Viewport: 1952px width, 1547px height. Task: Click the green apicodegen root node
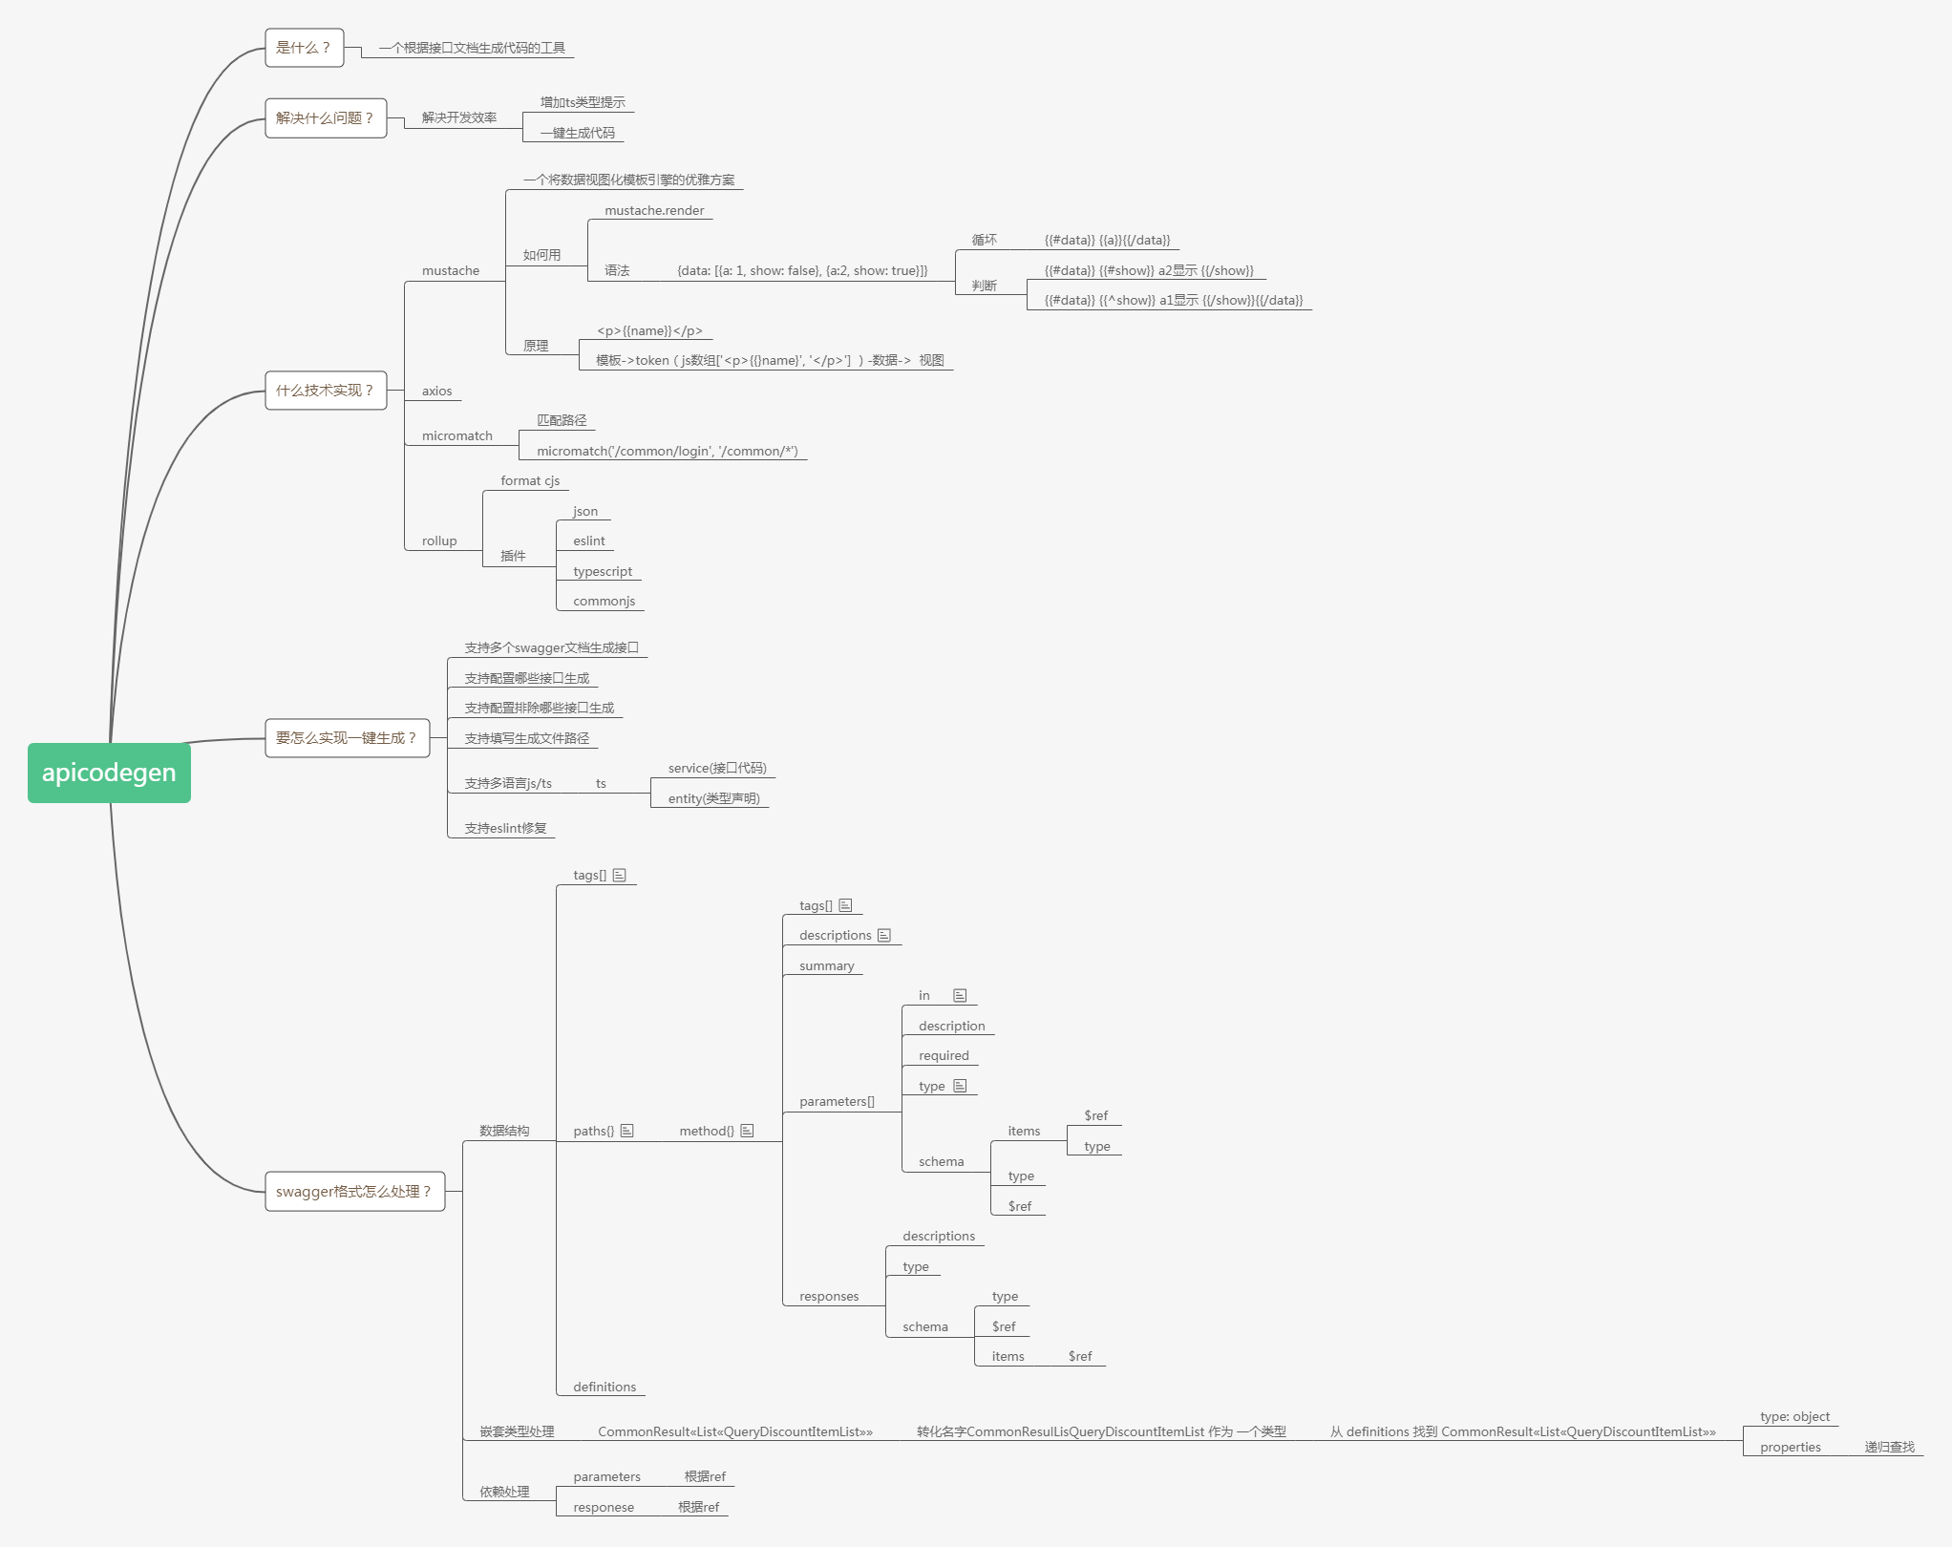(x=109, y=773)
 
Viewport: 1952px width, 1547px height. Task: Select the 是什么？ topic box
(x=304, y=48)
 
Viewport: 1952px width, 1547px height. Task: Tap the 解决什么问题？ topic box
(x=325, y=118)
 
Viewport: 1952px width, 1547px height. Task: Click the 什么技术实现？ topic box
(x=325, y=391)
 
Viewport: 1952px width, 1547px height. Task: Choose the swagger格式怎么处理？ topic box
(x=354, y=1192)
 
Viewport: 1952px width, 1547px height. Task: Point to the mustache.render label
(x=654, y=211)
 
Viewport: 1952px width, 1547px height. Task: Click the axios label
(x=436, y=392)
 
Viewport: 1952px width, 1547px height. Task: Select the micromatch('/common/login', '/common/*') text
(x=667, y=452)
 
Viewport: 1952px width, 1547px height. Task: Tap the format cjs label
(x=530, y=481)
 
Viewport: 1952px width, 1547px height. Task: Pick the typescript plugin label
(x=603, y=572)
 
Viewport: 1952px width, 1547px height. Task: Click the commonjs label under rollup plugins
(x=604, y=602)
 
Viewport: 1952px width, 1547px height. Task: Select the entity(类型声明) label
(x=713, y=799)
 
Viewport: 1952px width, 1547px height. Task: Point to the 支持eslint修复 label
(x=505, y=829)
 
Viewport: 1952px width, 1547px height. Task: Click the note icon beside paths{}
(x=627, y=1131)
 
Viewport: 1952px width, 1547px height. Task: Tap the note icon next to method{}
(x=747, y=1131)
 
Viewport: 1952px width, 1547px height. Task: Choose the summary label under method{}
(x=826, y=966)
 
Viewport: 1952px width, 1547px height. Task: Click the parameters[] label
(x=837, y=1102)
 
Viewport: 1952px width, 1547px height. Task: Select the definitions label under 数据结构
(x=605, y=1388)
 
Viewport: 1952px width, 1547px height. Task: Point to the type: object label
(x=1794, y=1417)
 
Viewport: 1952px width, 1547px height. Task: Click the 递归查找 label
(x=1889, y=1448)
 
